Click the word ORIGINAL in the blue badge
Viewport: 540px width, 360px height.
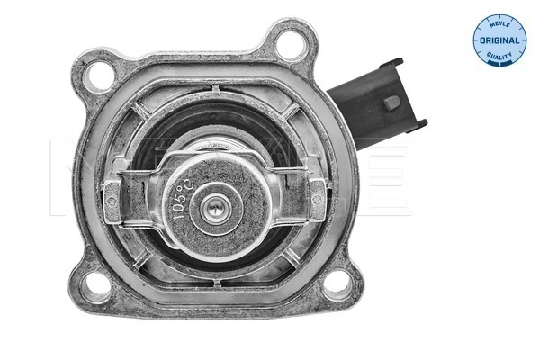coord(498,41)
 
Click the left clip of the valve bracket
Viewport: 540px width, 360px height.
coord(115,190)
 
